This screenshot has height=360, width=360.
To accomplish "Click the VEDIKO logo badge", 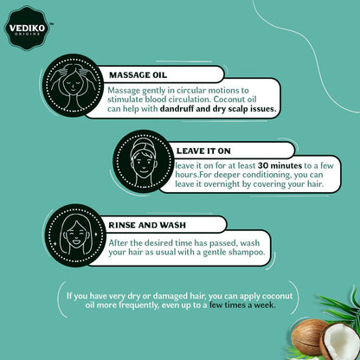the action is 28,28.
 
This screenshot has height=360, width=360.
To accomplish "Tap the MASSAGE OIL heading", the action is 138,75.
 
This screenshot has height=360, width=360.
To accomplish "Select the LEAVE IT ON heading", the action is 203,151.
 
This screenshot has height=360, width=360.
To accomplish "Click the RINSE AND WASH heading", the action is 147,225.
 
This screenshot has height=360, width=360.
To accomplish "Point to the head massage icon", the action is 73,86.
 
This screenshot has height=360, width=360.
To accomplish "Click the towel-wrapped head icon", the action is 144,161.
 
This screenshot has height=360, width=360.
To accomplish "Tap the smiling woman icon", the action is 75,235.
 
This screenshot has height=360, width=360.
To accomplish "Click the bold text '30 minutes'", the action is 280,165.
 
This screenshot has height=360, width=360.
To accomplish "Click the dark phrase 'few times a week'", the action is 242,305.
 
